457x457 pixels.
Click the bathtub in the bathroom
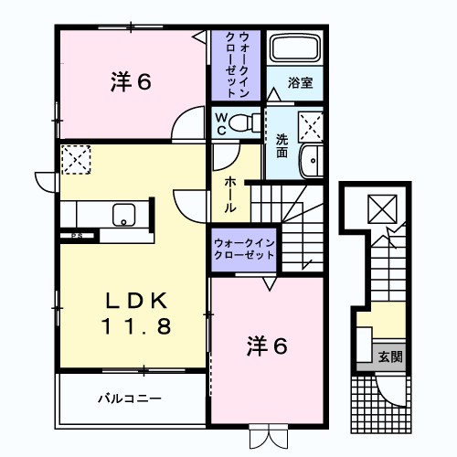295,50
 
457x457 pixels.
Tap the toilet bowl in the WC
243,122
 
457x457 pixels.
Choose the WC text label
221,123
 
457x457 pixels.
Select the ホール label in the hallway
229,195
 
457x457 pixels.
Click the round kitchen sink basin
122,216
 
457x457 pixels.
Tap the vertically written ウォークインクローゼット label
238,64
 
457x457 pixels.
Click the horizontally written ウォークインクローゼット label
245,248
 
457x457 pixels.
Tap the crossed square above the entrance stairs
379,207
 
